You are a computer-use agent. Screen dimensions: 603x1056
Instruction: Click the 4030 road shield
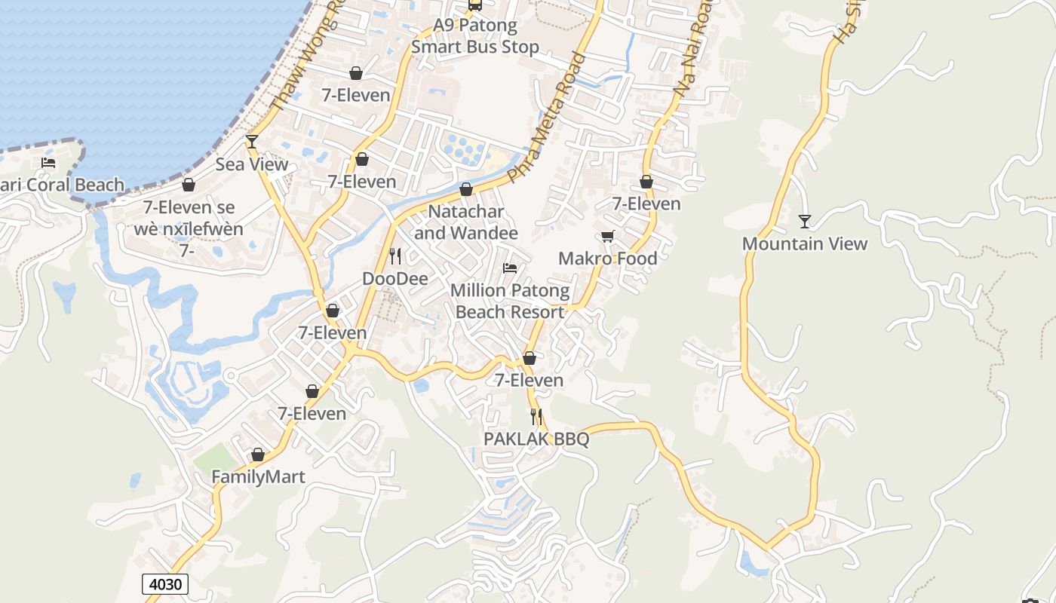point(165,584)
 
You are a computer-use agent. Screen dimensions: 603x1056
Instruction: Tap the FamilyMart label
point(258,477)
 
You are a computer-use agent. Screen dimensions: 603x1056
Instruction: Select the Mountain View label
point(805,243)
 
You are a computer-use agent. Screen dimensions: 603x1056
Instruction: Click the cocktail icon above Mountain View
point(805,222)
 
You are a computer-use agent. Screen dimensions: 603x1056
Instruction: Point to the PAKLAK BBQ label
point(536,439)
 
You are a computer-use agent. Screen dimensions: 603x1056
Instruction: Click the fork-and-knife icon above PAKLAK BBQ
point(536,416)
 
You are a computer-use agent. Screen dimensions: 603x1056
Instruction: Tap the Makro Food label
point(608,259)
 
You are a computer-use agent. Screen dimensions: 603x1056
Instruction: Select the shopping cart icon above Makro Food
point(608,237)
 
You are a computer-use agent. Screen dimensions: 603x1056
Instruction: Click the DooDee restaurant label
point(395,279)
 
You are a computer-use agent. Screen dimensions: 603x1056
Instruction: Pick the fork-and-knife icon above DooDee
point(395,256)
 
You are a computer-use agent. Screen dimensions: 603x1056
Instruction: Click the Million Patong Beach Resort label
point(510,301)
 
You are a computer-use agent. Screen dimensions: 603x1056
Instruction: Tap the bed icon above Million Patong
point(510,268)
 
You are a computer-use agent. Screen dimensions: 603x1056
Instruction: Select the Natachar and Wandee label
point(466,222)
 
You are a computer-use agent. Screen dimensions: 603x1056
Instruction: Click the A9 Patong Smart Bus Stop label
point(475,36)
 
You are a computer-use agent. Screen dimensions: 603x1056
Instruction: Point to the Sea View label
point(252,164)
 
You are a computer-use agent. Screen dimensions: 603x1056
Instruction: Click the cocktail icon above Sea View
point(252,142)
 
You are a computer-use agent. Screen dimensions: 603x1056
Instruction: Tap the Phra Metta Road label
point(548,118)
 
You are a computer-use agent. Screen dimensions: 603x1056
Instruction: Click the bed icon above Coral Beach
point(48,163)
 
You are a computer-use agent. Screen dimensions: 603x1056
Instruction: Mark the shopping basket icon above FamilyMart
point(258,455)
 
